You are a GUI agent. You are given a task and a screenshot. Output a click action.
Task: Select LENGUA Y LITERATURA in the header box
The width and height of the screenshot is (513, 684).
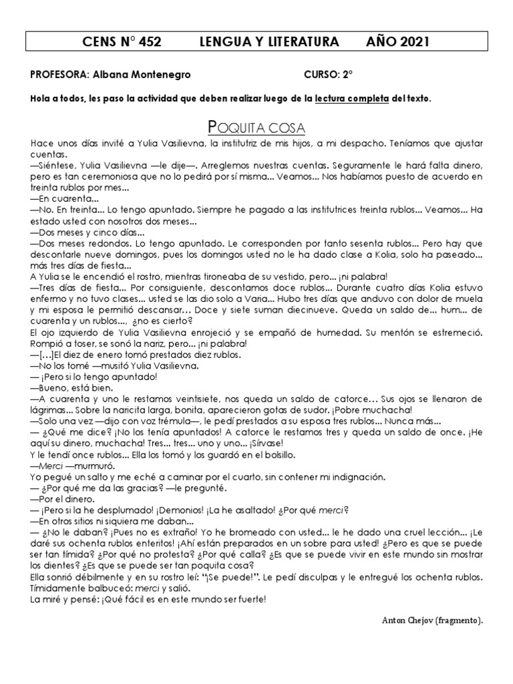tap(270, 43)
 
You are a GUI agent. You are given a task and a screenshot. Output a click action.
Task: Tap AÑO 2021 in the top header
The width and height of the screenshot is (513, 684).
tap(397, 43)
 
